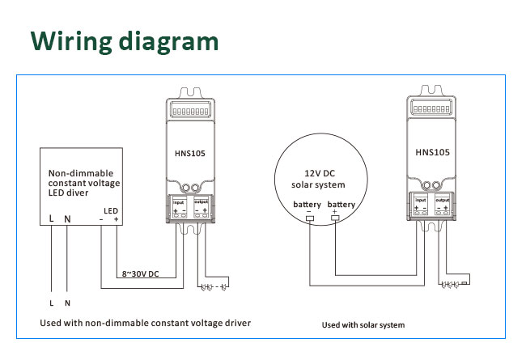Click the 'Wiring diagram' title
125,41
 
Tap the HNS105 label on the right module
431,150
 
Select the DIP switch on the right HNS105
431,106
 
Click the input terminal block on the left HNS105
179,208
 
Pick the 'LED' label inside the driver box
111,210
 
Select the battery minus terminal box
309,217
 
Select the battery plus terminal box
335,217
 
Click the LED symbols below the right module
453,285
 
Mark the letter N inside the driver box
68,219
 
